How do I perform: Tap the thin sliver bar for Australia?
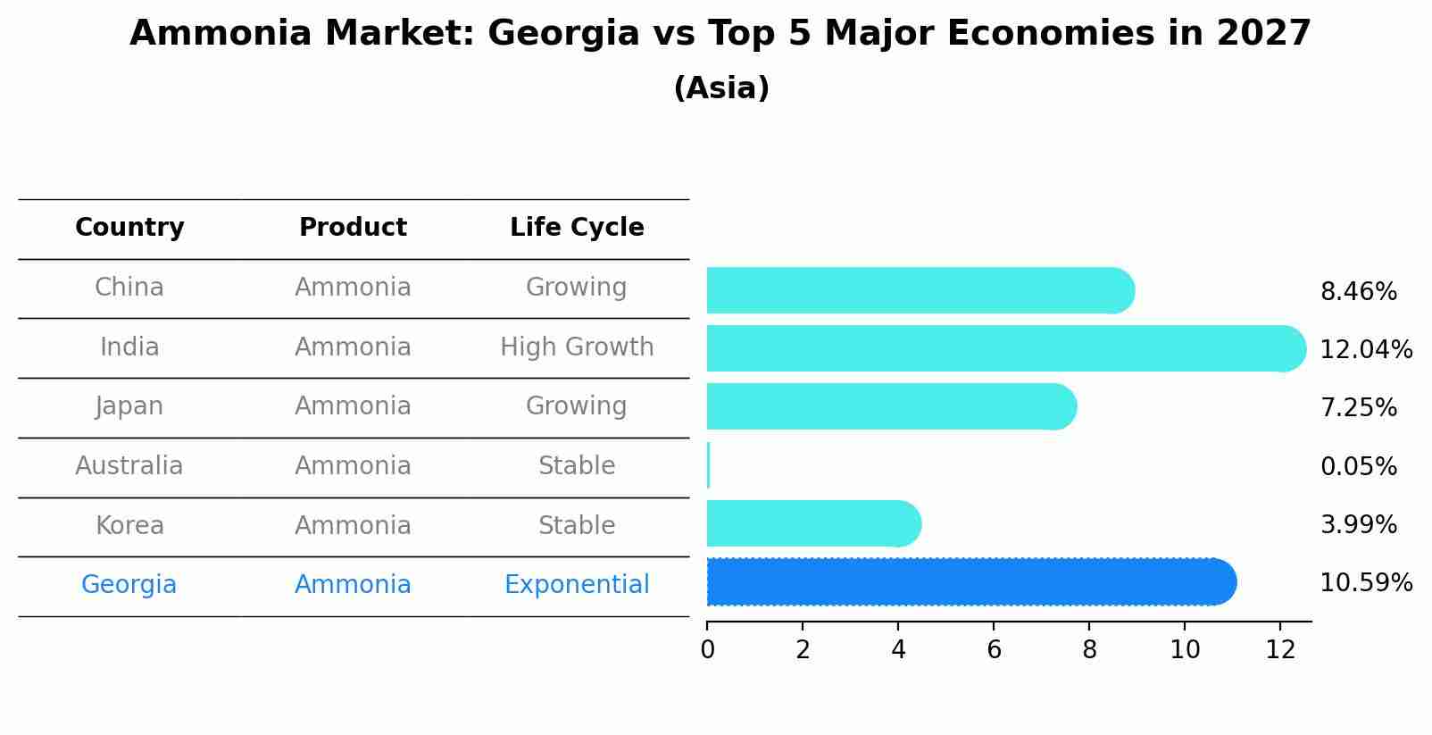click(x=708, y=465)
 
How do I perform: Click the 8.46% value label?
click(x=1358, y=292)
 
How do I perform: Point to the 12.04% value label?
click(x=1366, y=350)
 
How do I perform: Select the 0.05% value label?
click(x=1358, y=466)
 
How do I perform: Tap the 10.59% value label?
click(x=1366, y=583)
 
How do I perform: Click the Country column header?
click(x=129, y=228)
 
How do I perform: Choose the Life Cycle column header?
click(x=577, y=228)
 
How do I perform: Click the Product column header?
click(x=353, y=228)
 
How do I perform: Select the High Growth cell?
click(x=577, y=347)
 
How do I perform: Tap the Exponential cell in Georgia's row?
click(x=577, y=585)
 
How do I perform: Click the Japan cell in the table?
click(x=129, y=406)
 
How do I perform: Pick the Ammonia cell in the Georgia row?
click(x=353, y=585)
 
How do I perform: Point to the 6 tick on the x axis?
click(x=994, y=649)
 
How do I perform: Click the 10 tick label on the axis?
click(x=1185, y=649)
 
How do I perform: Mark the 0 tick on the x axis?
click(x=707, y=649)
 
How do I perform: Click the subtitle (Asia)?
click(x=721, y=88)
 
